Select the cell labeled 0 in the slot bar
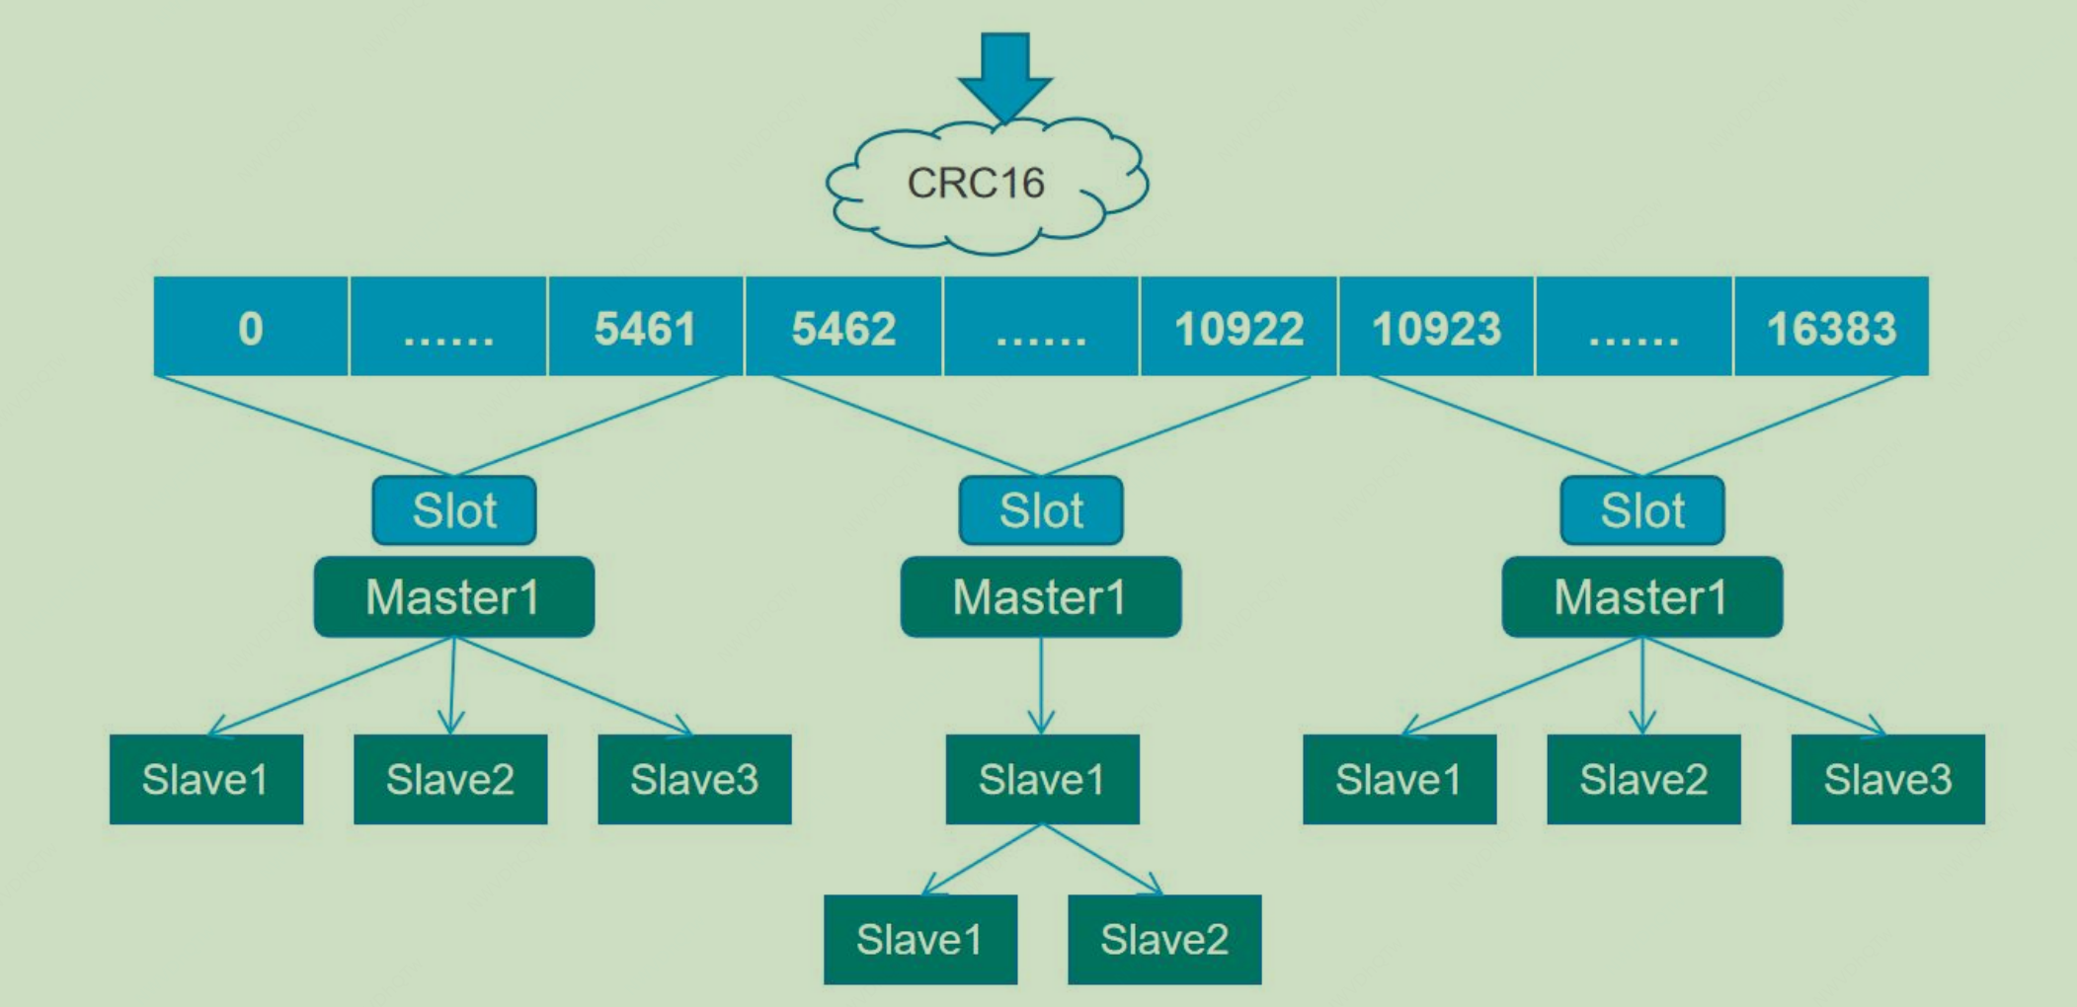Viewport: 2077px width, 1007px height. (x=251, y=327)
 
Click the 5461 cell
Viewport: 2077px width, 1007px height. (x=645, y=327)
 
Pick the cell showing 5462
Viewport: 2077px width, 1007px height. (x=843, y=327)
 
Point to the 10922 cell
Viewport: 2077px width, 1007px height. (x=1238, y=327)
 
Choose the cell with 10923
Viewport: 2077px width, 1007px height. (x=1436, y=327)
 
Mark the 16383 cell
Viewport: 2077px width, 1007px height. (x=1831, y=327)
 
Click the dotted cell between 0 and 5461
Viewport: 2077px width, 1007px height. (x=448, y=327)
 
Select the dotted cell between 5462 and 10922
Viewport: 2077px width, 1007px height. (x=1041, y=327)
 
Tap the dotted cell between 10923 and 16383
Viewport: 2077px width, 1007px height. (x=1634, y=327)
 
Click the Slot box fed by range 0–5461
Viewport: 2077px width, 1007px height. (x=454, y=510)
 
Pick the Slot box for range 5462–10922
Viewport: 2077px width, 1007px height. (x=1041, y=510)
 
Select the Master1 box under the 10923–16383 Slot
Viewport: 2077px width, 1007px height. (x=1641, y=596)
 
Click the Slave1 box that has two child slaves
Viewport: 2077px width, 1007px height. (x=1042, y=779)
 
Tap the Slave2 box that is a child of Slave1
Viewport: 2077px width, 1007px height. (x=1164, y=939)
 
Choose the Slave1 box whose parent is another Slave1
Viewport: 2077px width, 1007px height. (x=919, y=939)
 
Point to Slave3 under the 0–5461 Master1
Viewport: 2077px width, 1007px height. (x=694, y=779)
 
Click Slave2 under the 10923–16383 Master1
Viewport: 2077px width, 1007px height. (x=1643, y=779)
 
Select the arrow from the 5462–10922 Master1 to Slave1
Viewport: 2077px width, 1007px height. (x=1041, y=686)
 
